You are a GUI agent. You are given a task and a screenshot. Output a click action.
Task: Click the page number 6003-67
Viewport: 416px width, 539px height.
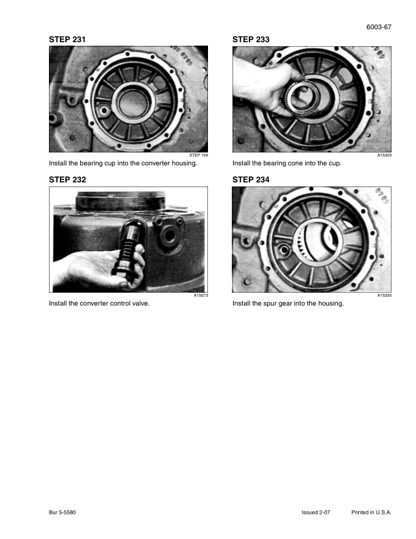click(379, 27)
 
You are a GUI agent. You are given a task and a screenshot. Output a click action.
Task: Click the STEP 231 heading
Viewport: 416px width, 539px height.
click(67, 39)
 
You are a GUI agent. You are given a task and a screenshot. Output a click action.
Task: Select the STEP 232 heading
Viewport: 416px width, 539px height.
click(67, 180)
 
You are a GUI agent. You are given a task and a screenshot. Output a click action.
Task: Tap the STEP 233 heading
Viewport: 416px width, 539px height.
click(251, 39)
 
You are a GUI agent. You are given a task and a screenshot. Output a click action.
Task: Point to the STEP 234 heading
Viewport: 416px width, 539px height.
click(251, 180)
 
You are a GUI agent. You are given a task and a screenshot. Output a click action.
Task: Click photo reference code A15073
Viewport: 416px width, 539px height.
click(201, 295)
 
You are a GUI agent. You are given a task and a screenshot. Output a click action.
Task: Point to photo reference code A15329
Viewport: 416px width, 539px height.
click(385, 155)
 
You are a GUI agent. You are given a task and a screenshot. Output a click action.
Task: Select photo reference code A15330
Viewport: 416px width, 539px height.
click(385, 295)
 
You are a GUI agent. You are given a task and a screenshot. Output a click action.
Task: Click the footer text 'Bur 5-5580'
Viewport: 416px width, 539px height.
click(62, 512)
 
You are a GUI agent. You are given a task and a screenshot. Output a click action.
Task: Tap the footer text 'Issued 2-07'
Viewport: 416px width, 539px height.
click(316, 512)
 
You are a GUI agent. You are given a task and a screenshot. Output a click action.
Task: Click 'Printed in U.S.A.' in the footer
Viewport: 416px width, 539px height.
click(371, 512)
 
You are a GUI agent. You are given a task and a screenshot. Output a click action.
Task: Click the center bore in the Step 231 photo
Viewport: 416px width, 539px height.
click(133, 103)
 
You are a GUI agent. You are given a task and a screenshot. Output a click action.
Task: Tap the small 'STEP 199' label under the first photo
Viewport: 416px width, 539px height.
click(198, 155)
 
